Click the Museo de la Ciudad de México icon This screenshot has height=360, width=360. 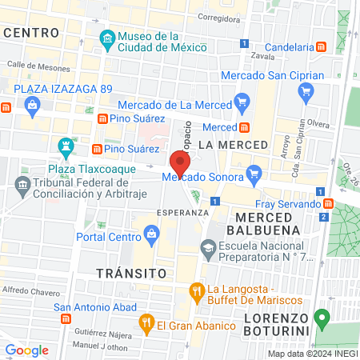pyautogui.click(x=107, y=38)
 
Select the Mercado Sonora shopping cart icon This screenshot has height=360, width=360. pyautogui.click(x=254, y=172)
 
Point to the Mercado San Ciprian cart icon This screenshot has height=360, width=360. pyautogui.click(x=305, y=93)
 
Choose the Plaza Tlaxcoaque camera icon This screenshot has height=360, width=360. pyautogui.click(x=66, y=147)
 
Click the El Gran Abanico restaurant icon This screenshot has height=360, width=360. pyautogui.click(x=146, y=325)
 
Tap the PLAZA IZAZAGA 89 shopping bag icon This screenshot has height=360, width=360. pyautogui.click(x=32, y=105)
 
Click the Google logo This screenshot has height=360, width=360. pyautogui.click(x=27, y=350)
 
